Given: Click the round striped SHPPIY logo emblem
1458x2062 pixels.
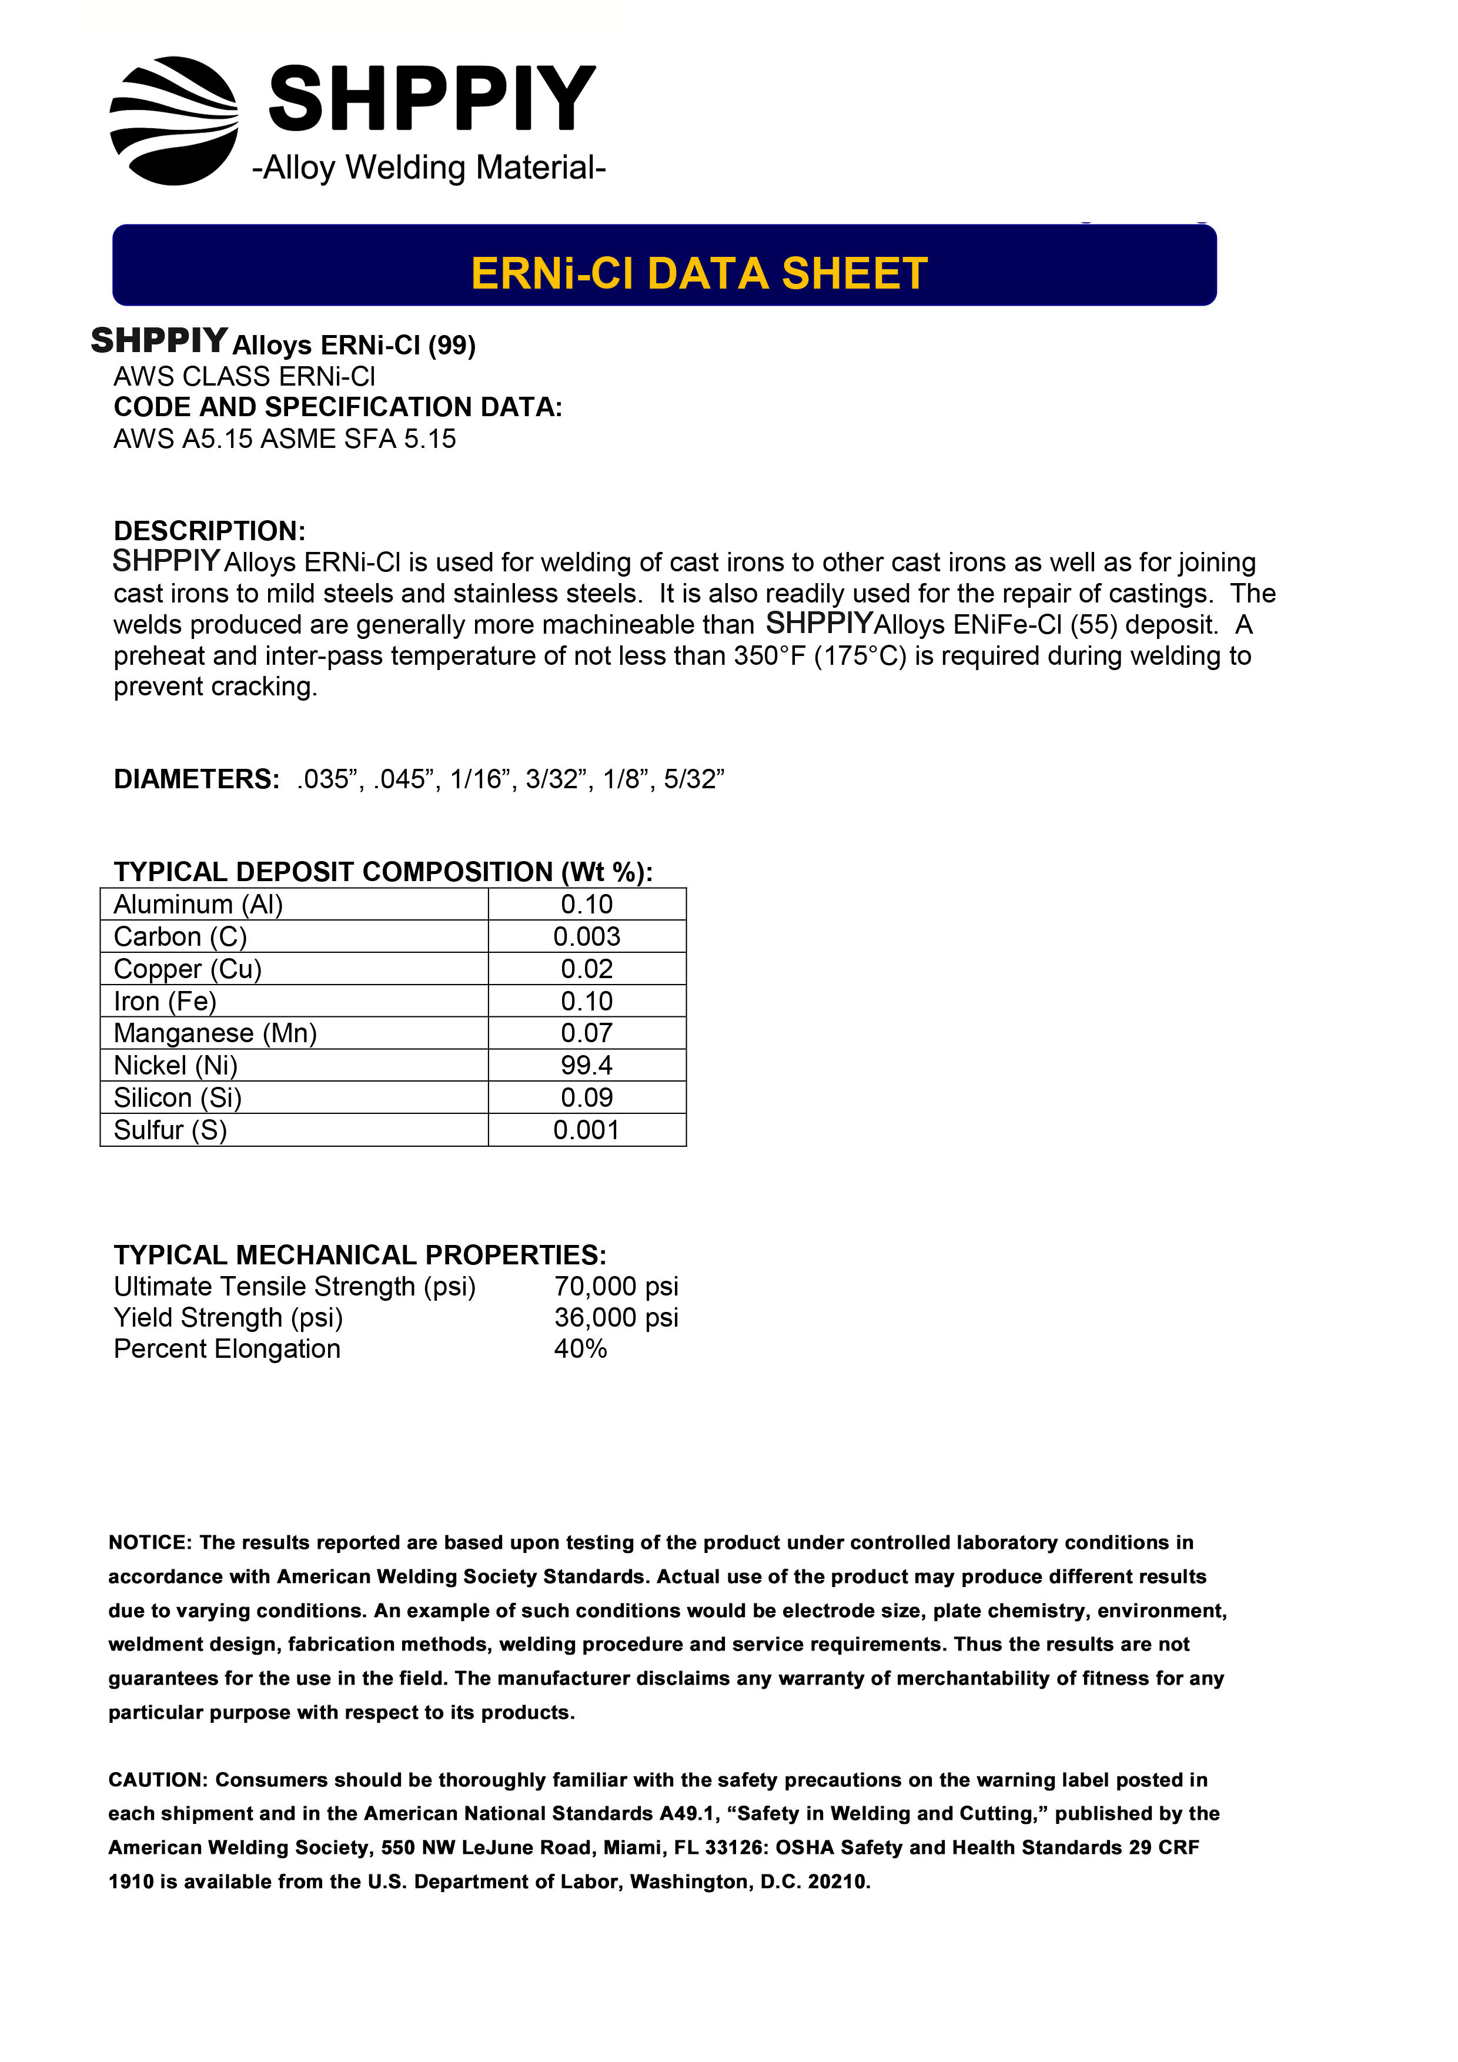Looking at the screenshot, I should (173, 121).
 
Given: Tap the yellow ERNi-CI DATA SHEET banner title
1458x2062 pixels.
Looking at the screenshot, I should (699, 274).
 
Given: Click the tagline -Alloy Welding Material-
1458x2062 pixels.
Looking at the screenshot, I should (429, 168).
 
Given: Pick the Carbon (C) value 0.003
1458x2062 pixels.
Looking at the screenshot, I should (587, 937).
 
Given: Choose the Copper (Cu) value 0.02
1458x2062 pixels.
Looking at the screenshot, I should (587, 969).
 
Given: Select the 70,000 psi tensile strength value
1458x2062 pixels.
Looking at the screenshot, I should (616, 1286).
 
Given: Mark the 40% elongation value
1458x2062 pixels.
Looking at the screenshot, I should (580, 1349).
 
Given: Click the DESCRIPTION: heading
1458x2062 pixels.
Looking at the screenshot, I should (209, 531).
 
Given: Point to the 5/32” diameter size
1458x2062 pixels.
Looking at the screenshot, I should (694, 779).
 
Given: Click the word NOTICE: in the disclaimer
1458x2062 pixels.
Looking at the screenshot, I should (150, 1543).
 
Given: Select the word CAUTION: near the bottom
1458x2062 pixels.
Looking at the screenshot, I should (158, 1780).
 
